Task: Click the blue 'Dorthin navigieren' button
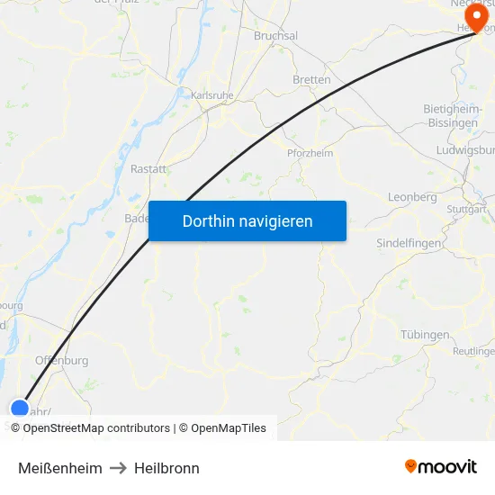(247, 220)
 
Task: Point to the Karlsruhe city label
(213, 94)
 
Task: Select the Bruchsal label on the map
(275, 36)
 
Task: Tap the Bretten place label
(311, 79)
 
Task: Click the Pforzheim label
(310, 153)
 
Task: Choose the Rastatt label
(148, 168)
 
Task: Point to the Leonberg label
(411, 197)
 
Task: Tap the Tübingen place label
(425, 335)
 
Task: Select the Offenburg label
(61, 360)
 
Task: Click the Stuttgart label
(466, 209)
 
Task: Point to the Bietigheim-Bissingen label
(455, 115)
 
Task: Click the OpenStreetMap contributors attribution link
(96, 428)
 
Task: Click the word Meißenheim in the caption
(60, 468)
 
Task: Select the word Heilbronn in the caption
(166, 468)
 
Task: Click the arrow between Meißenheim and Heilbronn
(118, 468)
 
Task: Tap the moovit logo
(440, 466)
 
